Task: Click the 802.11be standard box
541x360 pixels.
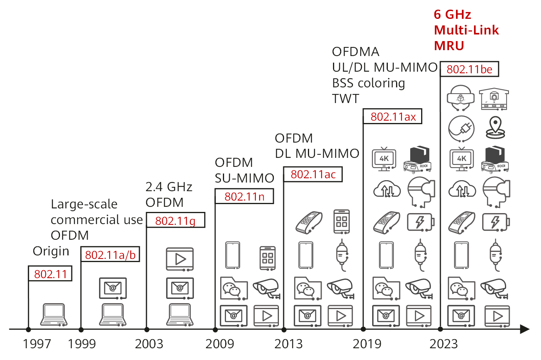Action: pos(469,69)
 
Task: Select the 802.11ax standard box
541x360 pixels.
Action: pos(393,117)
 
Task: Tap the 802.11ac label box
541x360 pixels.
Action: pos(313,174)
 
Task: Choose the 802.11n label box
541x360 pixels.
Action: pos(244,196)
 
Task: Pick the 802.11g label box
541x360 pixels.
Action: pos(176,221)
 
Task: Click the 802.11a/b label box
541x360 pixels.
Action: pos(110,255)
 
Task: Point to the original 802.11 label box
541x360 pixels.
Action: pos(50,273)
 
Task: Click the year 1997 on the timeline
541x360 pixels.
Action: pos(37,344)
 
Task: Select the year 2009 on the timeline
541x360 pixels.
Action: pos(219,344)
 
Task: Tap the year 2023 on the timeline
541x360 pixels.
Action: pos(443,344)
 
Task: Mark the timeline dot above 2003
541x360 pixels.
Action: pos(147,329)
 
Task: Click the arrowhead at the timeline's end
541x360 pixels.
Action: pos(525,329)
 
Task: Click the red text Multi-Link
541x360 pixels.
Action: pos(466,30)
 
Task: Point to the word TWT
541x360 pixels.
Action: pos(346,99)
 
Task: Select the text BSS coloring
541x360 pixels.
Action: pos(369,83)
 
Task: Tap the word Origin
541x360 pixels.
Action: pos(51,251)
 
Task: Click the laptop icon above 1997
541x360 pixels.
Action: pos(54,315)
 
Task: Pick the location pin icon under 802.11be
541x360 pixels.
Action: pos(495,128)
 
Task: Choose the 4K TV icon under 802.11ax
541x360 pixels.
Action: pos(384,159)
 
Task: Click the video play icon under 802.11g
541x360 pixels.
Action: pos(180,259)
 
